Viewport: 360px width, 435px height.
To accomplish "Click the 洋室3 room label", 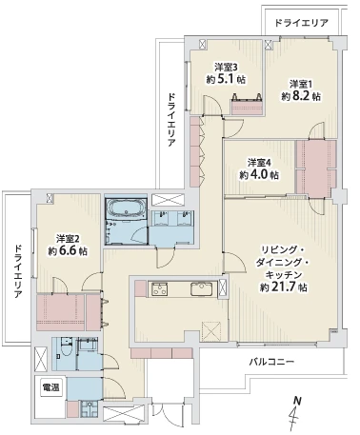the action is pos(226,68).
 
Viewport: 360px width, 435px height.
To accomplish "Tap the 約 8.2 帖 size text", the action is pos(301,96).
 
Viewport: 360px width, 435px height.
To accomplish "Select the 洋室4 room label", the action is pos(259,163).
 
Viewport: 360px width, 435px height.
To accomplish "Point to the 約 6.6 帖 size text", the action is pos(68,251).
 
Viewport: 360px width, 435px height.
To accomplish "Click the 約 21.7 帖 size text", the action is pos(284,287).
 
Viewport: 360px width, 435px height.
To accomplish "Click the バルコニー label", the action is pos(271,362).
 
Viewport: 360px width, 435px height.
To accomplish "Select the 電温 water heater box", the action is pos(50,387).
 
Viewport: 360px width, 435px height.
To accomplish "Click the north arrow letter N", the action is pos(297,400).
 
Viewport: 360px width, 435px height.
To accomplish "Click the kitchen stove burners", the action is pos(159,288).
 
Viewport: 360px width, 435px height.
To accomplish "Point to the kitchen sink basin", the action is pos(200,288).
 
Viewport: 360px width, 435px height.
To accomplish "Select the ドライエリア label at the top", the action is pos(301,23).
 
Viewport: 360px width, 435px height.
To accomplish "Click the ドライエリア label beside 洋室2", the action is pos(18,271).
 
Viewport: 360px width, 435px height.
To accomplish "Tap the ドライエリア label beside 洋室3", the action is pos(171,120).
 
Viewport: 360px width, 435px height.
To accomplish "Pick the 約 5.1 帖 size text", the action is pos(226,79).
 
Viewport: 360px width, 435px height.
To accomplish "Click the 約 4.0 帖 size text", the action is pos(259,175).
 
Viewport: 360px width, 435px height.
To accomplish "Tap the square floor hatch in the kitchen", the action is pos(211,331).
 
